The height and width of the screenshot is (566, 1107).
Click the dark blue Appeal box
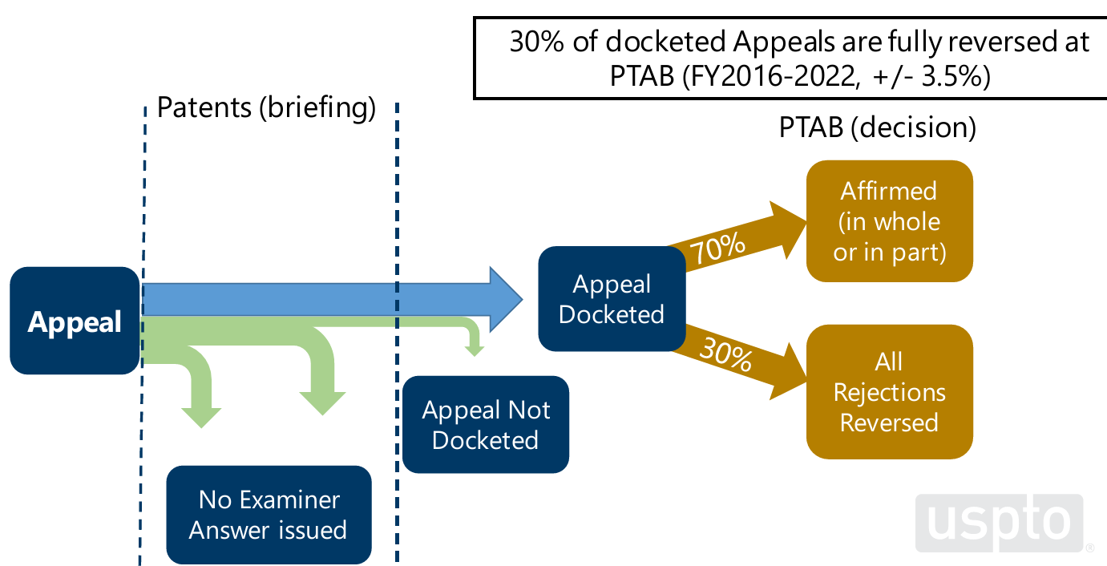(75, 321)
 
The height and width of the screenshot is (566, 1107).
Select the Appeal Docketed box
(612, 299)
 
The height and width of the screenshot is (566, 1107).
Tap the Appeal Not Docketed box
(486, 424)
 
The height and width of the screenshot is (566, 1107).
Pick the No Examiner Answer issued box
(269, 515)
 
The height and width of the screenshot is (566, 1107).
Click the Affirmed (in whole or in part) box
(889, 221)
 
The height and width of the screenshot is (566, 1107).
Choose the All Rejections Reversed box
(889, 392)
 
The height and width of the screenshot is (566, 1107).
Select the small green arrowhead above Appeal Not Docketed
(475, 350)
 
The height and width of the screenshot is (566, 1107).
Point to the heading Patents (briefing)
(266, 107)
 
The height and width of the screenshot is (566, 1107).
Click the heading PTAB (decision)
(878, 128)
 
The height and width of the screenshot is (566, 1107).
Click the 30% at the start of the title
(535, 42)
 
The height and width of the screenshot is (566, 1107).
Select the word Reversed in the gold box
(889, 422)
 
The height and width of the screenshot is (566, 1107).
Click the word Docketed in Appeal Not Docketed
(486, 440)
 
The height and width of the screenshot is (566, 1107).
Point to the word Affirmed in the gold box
(889, 191)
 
